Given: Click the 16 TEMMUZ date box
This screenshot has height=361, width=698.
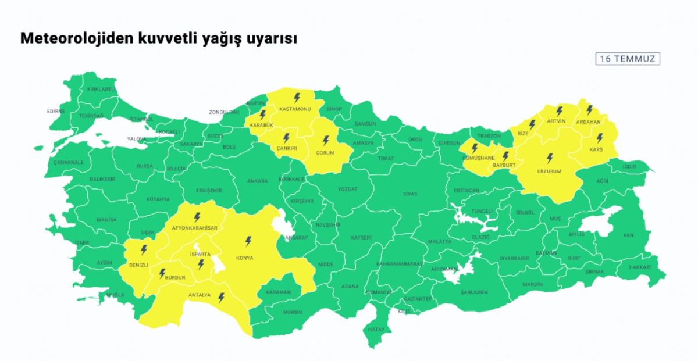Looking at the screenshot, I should tap(628, 59).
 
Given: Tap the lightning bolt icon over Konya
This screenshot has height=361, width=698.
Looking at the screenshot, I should tap(248, 241).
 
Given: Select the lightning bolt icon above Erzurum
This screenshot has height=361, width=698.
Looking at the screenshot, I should tap(550, 158).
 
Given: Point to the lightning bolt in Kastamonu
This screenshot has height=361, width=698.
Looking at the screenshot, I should tap(297, 97).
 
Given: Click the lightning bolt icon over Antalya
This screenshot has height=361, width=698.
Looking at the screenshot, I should tap(221, 298).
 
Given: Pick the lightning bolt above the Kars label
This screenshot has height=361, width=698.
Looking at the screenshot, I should tap(599, 138).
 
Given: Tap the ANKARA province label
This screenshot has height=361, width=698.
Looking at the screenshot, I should tap(257, 181).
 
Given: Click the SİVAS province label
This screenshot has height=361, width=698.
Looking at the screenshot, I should tap(409, 194).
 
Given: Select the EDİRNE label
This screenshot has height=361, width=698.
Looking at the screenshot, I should tap(56, 111).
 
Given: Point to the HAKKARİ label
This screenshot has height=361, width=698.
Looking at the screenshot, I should tap(640, 267).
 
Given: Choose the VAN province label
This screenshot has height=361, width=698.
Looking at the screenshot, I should tap(628, 235).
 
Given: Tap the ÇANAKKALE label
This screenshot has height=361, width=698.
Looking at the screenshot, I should tap(69, 162).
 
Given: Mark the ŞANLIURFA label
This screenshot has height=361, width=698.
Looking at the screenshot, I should tap(473, 292).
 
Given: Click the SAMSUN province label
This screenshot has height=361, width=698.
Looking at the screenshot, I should tap(365, 124).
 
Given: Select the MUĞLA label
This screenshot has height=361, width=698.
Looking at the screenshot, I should tap(115, 295).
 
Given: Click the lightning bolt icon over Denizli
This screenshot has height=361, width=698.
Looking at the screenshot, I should tap(144, 250).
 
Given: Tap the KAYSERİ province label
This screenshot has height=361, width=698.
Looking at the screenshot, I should tap(361, 237).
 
